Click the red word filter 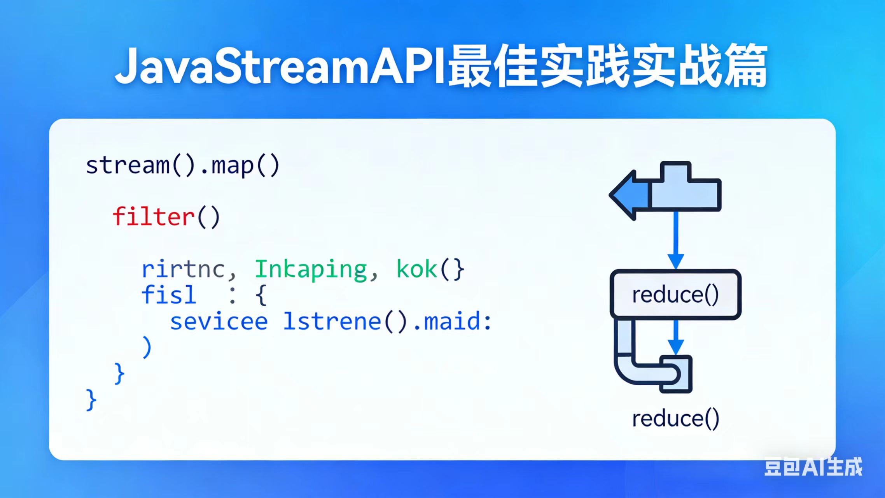[x=154, y=217]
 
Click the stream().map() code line [x=182, y=165]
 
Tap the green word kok [x=416, y=269]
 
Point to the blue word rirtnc [x=183, y=269]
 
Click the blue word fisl [x=168, y=295]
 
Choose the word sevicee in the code [x=219, y=322]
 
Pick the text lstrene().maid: [x=387, y=322]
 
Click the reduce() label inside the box [x=675, y=295]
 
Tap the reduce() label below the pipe [x=675, y=419]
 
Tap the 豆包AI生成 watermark [x=813, y=466]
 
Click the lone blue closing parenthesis [x=147, y=347]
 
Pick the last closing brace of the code [x=91, y=400]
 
